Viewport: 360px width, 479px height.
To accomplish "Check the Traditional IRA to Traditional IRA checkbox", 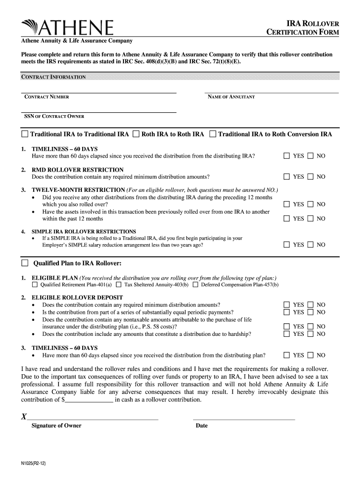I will (x=25, y=134).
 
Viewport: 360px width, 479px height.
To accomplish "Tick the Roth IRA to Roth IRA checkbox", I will (x=136, y=134).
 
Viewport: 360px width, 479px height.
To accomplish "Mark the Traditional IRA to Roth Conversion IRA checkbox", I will (x=213, y=134).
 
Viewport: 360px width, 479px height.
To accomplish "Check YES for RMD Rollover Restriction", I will (x=287, y=177).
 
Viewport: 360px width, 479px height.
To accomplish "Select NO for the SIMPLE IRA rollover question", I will (x=311, y=245).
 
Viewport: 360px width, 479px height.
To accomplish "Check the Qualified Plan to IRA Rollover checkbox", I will (x=25, y=262).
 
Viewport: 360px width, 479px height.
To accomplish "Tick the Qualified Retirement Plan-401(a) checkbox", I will (x=35, y=284).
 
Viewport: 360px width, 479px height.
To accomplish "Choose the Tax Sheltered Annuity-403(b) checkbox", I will (x=118, y=284).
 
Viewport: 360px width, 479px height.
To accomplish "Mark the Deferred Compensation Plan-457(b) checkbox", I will (x=195, y=284).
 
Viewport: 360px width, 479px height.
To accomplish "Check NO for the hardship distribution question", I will (x=311, y=334).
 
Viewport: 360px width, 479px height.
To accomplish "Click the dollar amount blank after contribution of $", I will (x=89, y=400).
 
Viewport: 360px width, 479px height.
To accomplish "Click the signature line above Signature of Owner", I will (x=94, y=418).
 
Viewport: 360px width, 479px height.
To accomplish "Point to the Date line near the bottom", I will (x=244, y=418).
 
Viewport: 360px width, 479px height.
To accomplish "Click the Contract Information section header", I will (x=53, y=77).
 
